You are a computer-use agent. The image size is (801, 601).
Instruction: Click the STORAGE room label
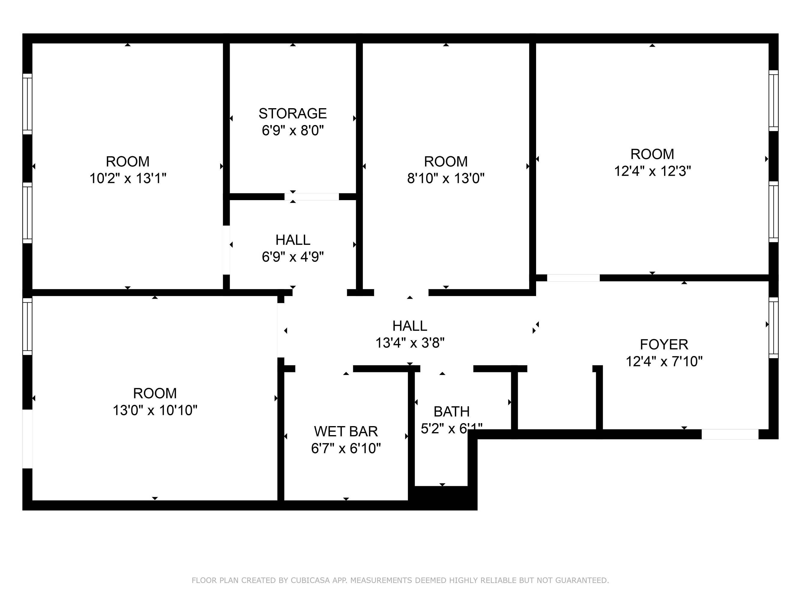click(x=293, y=113)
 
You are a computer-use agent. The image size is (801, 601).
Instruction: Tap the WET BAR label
click(x=346, y=432)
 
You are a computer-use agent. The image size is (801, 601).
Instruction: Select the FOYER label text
click(x=664, y=344)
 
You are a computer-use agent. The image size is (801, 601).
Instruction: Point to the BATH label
click(x=452, y=411)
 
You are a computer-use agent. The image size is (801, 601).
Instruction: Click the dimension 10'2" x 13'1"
click(x=128, y=178)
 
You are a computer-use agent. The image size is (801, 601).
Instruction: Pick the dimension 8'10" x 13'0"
click(x=446, y=178)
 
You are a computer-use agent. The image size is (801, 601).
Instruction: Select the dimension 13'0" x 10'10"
click(x=155, y=410)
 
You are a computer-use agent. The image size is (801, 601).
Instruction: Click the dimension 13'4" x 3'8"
click(x=410, y=343)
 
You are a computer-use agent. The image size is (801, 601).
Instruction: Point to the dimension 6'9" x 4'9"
click(x=293, y=257)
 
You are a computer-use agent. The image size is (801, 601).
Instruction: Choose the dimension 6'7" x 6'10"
click(x=346, y=448)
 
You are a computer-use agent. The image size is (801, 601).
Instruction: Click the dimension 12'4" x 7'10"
click(x=664, y=361)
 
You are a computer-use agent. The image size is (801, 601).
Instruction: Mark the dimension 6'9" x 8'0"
click(x=293, y=130)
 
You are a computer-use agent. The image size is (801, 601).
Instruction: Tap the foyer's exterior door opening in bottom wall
click(x=730, y=434)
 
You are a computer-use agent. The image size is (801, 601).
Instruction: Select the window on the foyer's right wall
click(x=773, y=328)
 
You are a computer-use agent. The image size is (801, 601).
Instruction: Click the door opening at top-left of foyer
click(x=573, y=278)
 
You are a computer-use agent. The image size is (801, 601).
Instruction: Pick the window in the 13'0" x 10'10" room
click(x=28, y=326)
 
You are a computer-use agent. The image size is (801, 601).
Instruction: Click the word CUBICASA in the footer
click(x=310, y=580)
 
